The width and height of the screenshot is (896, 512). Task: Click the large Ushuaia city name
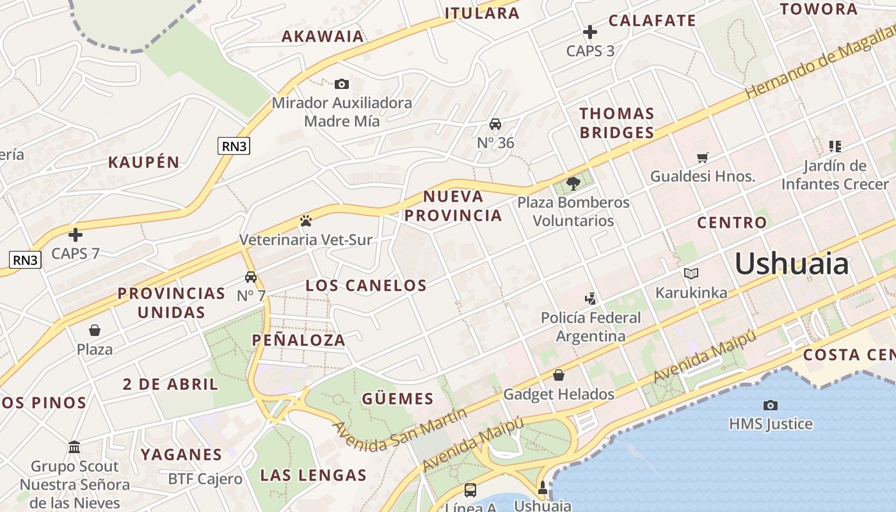[792, 264]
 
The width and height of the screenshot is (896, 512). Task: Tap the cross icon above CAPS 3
[590, 31]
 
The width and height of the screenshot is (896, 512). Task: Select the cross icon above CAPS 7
[76, 235]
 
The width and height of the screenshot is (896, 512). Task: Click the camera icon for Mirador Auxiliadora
[342, 84]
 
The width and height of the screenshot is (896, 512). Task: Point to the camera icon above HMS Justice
[771, 404]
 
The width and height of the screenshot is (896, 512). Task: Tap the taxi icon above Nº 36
[495, 124]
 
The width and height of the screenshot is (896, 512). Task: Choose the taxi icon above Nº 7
[251, 277]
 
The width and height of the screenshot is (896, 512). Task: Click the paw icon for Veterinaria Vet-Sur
[306, 221]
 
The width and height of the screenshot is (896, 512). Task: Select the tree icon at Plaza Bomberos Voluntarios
[573, 184]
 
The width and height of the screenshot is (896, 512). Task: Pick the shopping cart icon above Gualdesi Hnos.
[703, 157]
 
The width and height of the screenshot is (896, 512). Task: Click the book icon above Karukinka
[691, 274]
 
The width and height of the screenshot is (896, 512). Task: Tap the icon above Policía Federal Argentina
[590, 298]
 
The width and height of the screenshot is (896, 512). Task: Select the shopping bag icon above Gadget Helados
[559, 375]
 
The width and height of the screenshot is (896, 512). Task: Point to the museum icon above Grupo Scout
[74, 447]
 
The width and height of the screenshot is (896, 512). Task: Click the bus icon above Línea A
[470, 490]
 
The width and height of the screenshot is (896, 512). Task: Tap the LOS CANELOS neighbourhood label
[366, 285]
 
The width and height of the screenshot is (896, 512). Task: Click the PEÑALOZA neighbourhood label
[299, 340]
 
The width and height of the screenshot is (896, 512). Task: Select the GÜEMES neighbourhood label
[397, 399]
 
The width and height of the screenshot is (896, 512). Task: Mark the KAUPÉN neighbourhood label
[144, 162]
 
